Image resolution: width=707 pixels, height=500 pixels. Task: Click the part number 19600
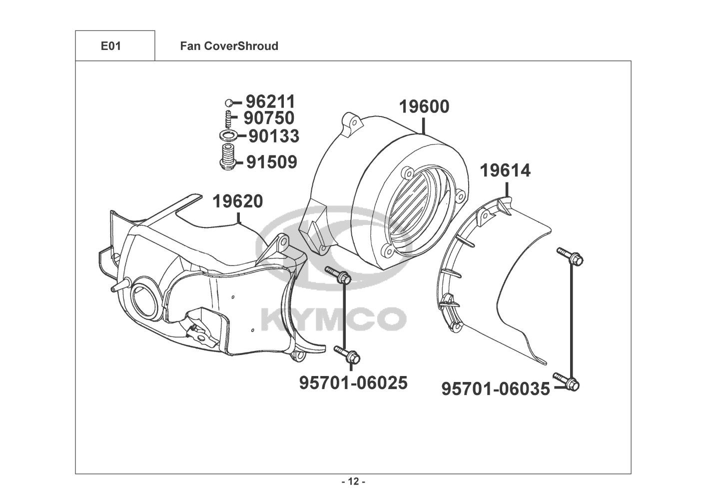tap(424, 107)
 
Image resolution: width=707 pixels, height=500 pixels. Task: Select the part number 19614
tap(505, 171)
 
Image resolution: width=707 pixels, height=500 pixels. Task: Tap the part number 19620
tap(238, 201)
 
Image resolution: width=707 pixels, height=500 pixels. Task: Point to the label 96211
tap(270, 101)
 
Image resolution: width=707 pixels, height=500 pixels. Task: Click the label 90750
tap(269, 118)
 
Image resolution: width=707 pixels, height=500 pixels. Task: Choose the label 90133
tap(274, 136)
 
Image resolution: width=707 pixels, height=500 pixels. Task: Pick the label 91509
tap(272, 162)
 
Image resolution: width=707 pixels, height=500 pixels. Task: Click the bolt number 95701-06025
tap(353, 383)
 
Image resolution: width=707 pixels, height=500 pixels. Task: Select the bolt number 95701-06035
tap(496, 389)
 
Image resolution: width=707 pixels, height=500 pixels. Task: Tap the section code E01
tap(111, 46)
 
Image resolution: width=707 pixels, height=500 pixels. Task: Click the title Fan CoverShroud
tap(229, 46)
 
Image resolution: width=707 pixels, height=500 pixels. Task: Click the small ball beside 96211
tap(229, 102)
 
